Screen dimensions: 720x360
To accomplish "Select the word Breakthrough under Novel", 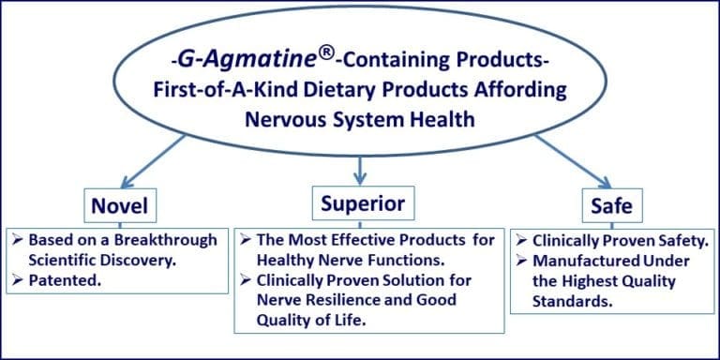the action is [x=168, y=240].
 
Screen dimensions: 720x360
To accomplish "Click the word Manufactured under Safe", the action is [x=578, y=261].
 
